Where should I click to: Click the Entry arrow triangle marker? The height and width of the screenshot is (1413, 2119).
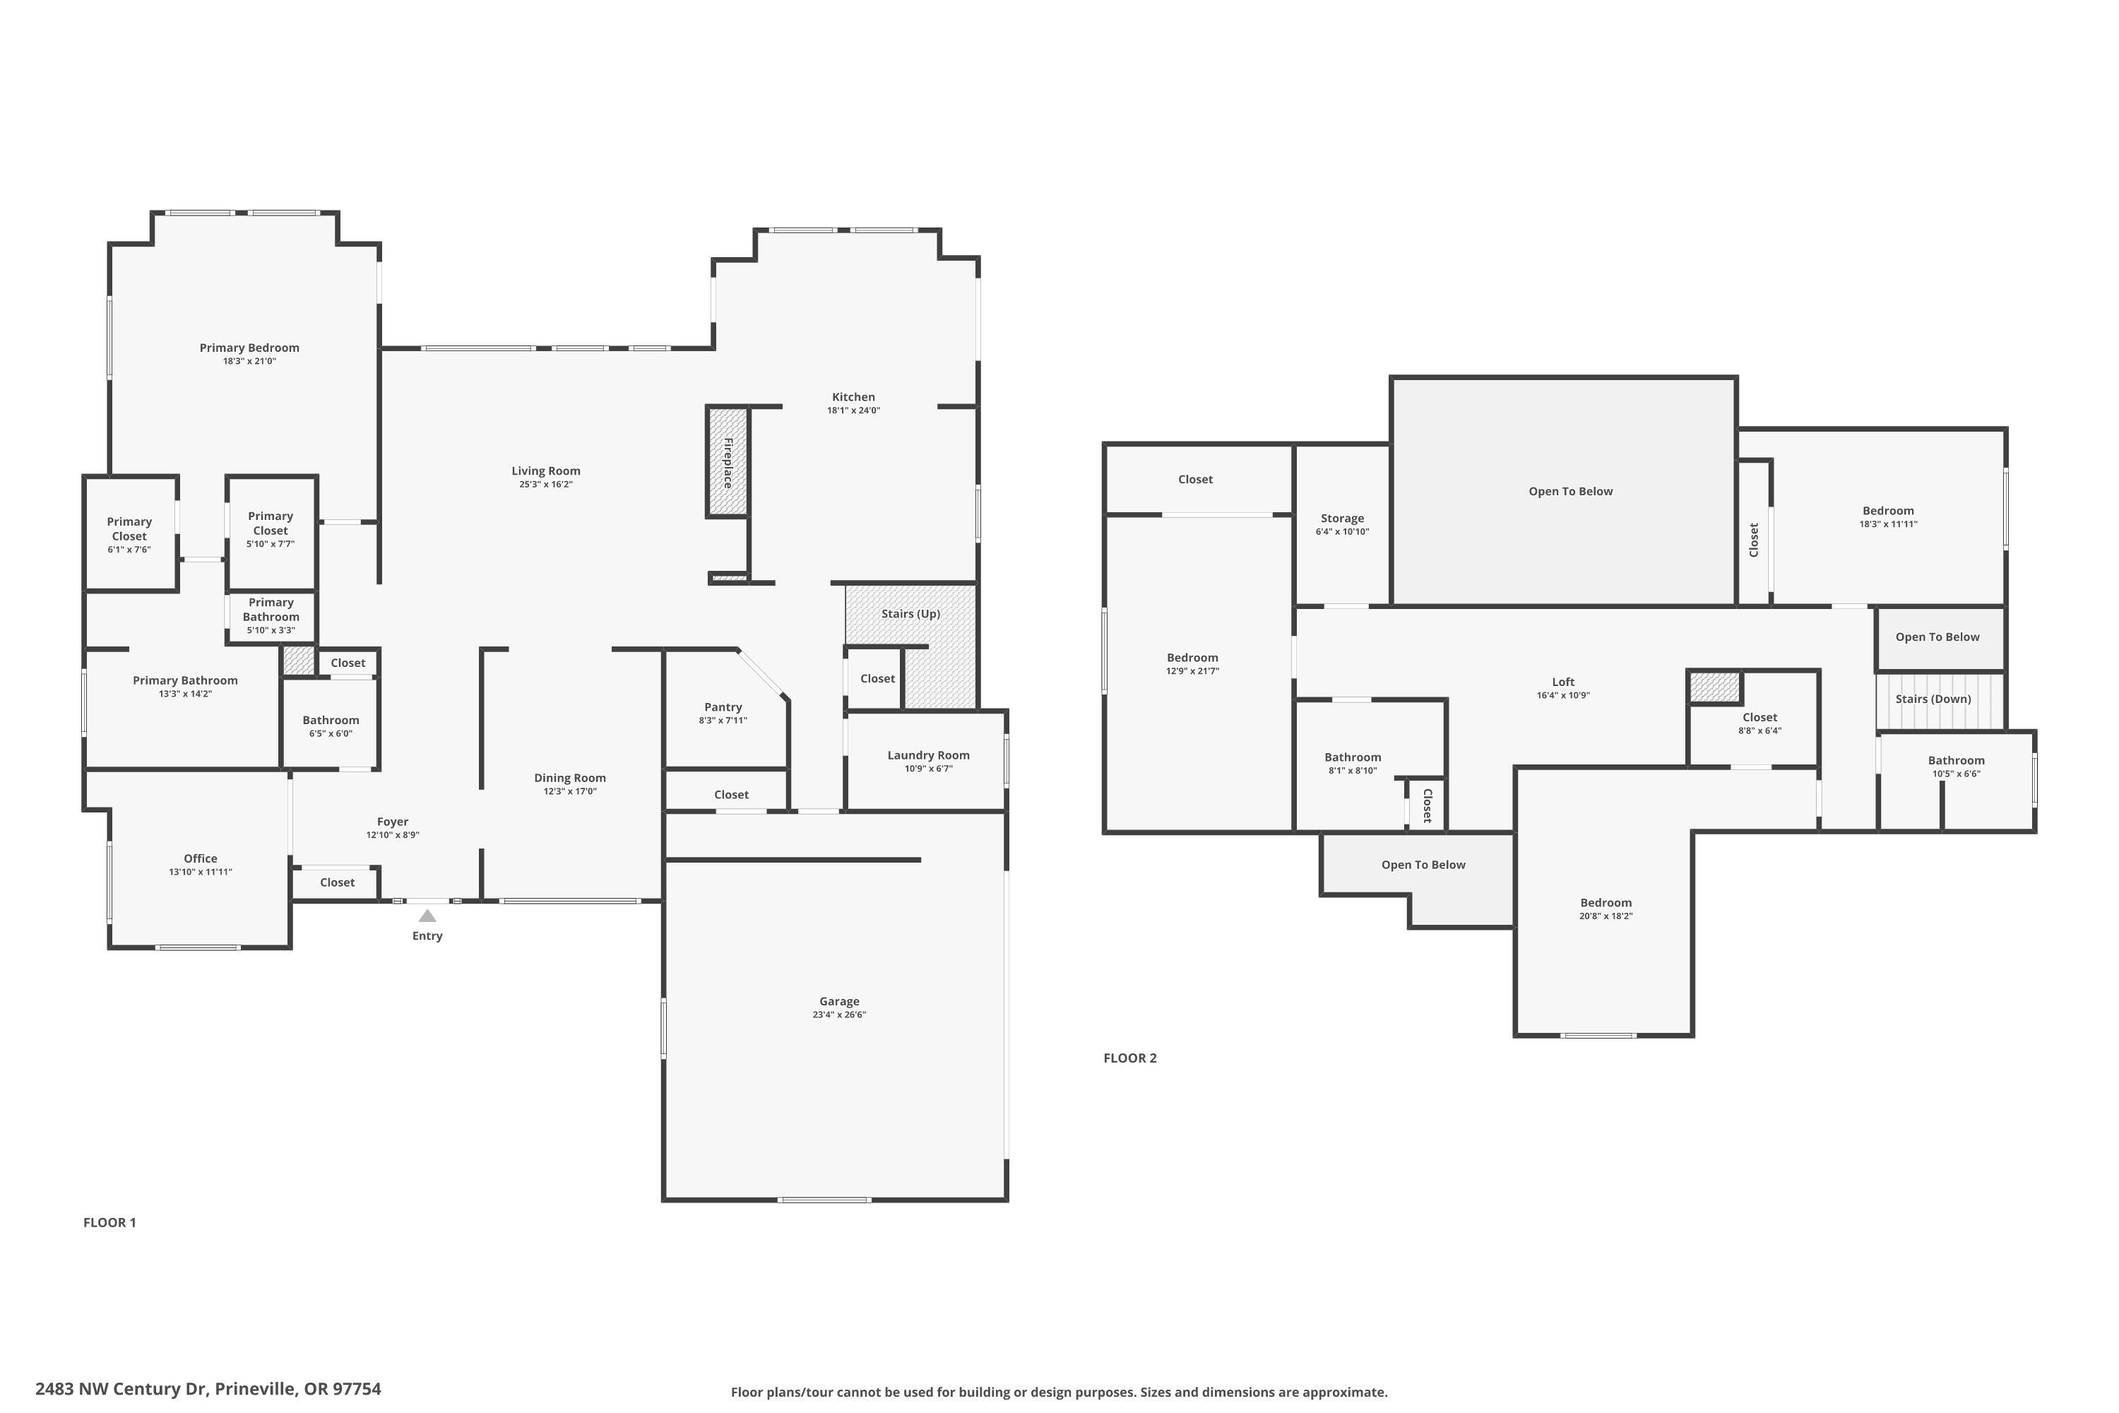click(x=427, y=916)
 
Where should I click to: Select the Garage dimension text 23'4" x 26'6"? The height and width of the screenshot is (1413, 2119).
click(x=839, y=1015)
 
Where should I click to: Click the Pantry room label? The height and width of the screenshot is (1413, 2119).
click(x=723, y=707)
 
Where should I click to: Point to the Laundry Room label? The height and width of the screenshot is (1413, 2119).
click(x=928, y=755)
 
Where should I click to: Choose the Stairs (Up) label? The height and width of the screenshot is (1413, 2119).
click(x=910, y=614)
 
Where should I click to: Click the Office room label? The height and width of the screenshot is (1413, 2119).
click(x=200, y=859)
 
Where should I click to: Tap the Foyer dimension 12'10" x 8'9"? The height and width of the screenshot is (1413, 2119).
click(x=392, y=835)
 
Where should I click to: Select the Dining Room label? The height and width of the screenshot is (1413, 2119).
click(x=569, y=778)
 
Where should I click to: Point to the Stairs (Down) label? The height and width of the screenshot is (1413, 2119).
click(x=1933, y=699)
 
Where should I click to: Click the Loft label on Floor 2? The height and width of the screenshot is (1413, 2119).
click(x=1563, y=682)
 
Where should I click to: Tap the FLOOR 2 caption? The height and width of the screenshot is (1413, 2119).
click(x=1129, y=1058)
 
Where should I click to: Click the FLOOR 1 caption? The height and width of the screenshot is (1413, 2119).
click(x=109, y=1223)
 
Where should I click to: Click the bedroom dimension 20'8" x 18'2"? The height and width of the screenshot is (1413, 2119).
click(x=1605, y=916)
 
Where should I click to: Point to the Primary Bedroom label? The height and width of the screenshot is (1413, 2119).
click(x=249, y=348)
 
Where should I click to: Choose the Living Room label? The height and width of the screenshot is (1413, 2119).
click(x=546, y=471)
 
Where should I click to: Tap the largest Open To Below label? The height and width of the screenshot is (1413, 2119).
click(x=1570, y=491)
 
